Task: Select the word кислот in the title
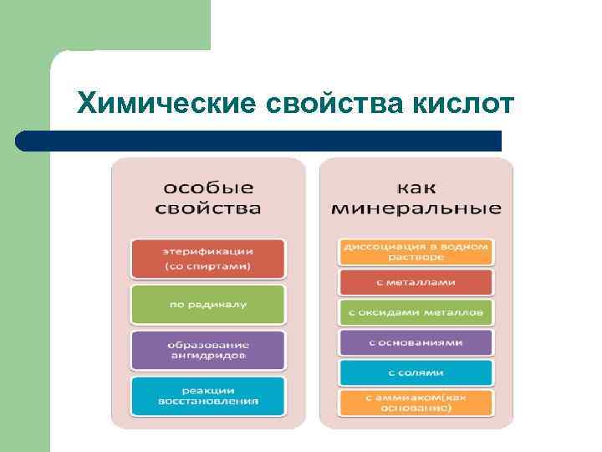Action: [464, 104]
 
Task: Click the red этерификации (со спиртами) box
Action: [208, 259]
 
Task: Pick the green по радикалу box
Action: [208, 305]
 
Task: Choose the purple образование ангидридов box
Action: [208, 350]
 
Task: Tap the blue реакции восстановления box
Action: [208, 396]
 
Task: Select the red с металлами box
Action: [416, 282]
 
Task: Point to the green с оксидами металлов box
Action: [416, 312]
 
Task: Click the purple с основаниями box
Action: [416, 342]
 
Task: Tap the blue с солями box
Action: [416, 372]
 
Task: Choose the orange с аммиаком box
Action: [416, 403]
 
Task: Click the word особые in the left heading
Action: [208, 187]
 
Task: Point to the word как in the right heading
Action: [416, 187]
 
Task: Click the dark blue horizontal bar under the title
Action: [259, 141]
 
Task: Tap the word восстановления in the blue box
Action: [208, 401]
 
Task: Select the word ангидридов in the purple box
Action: [208, 356]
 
